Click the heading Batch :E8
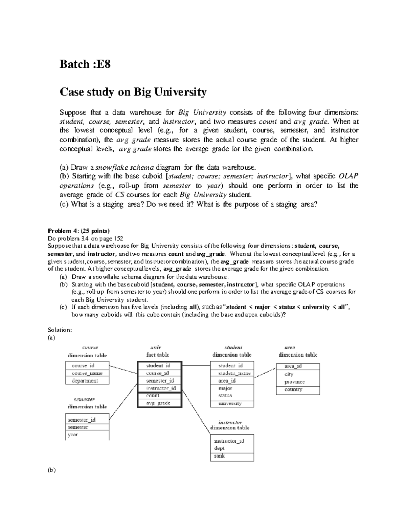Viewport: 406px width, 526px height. point(85,64)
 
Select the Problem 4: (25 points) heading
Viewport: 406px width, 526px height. point(79,232)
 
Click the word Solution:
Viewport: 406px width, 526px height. point(60,330)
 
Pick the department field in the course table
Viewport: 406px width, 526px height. point(85,381)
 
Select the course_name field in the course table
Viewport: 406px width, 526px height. point(87,373)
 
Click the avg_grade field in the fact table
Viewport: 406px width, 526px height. point(158,403)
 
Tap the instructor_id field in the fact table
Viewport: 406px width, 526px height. point(161,388)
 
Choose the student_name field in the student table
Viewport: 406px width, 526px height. point(234,373)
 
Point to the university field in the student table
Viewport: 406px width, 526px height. point(230,403)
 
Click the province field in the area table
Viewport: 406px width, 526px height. point(294,382)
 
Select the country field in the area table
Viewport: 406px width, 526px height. point(293,390)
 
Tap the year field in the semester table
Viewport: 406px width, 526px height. point(73,435)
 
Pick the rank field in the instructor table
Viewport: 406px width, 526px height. point(220,456)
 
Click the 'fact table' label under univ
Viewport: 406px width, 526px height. point(158,355)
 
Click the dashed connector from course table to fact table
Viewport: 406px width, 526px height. point(123,369)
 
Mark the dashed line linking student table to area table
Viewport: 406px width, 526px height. point(265,372)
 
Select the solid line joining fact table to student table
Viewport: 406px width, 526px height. point(196,365)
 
